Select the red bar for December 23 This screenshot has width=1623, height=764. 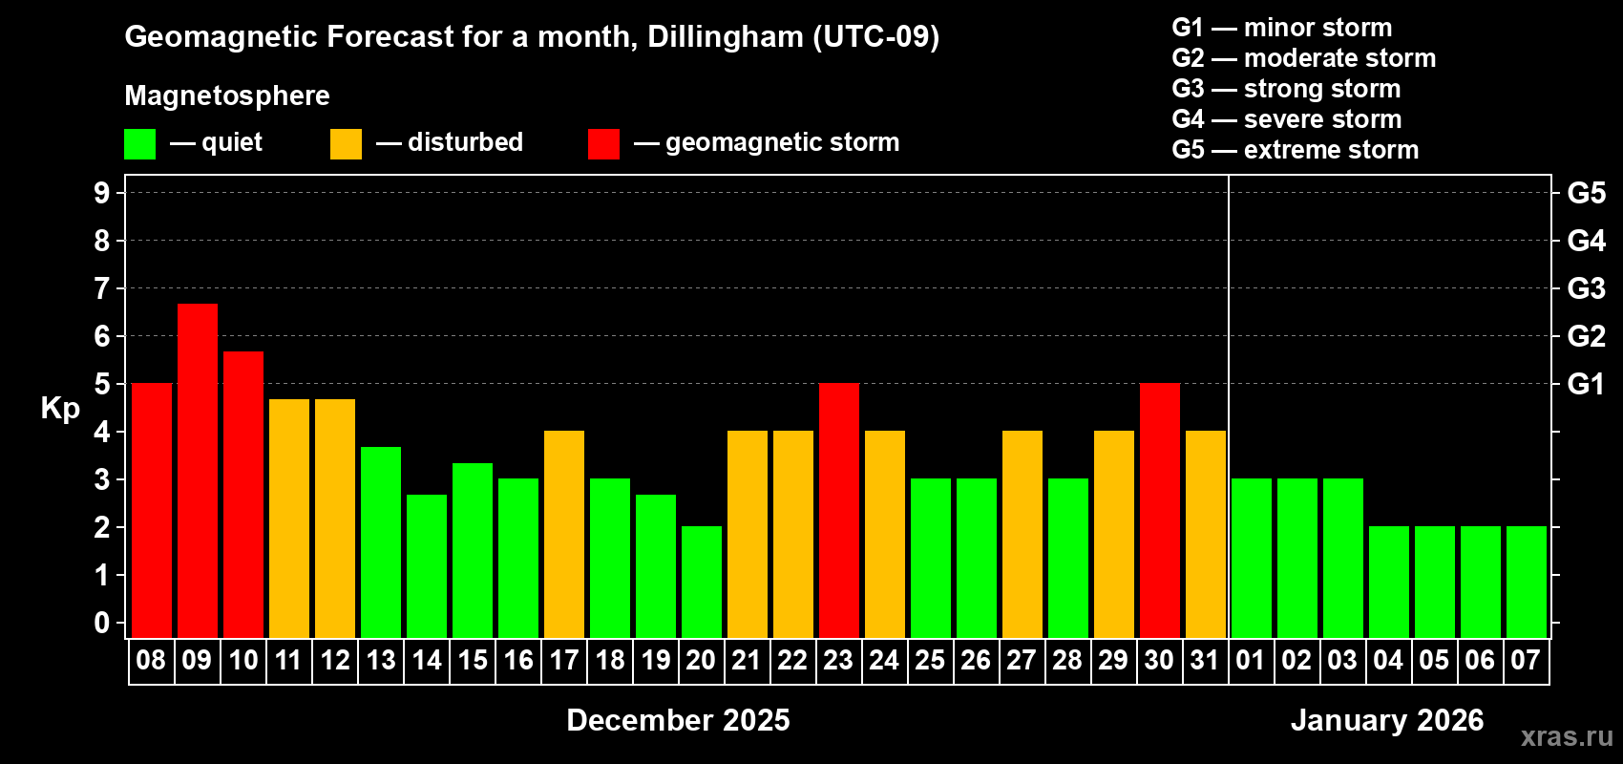(839, 510)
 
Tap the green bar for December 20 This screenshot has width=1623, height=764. (702, 582)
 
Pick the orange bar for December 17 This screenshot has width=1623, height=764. (564, 534)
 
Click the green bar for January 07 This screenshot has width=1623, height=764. (1527, 582)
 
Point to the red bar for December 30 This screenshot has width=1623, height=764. (1160, 510)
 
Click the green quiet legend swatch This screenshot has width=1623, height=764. (140, 144)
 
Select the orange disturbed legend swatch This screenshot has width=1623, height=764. (346, 144)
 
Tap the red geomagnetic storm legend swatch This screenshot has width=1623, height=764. (603, 144)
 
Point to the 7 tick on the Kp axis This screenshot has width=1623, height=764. (102, 288)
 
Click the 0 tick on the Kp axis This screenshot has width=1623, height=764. (102, 624)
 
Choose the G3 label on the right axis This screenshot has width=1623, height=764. (1586, 288)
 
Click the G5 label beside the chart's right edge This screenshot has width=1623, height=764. (1586, 193)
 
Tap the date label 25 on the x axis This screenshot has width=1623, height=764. (930, 661)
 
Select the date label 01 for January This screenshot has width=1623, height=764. (1251, 661)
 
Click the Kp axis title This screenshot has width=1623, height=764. (60, 409)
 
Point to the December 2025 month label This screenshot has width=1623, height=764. (678, 720)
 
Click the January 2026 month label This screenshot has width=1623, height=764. (1387, 720)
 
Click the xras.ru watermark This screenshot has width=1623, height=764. (1567, 736)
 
